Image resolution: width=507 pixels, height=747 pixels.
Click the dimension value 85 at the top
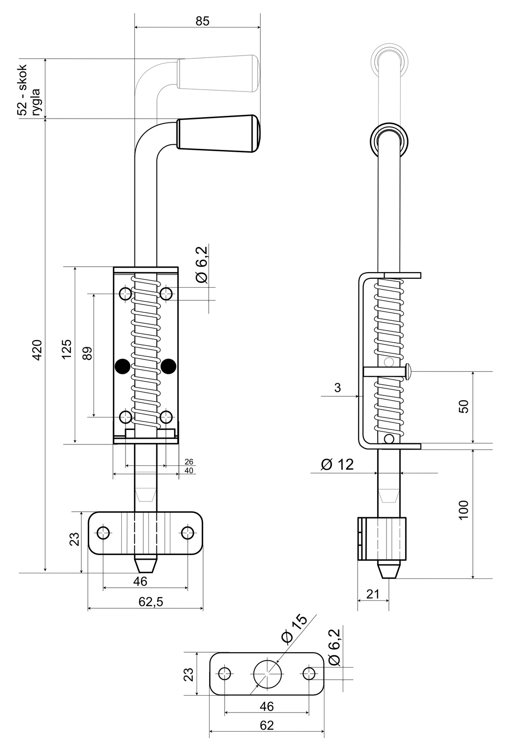203,21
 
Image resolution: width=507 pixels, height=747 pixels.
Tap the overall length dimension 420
37,350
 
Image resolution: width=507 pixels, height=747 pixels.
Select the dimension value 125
67,349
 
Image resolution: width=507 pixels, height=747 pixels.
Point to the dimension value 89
87,353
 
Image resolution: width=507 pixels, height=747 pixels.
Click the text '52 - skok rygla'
28,90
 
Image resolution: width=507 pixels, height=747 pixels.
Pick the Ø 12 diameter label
337,465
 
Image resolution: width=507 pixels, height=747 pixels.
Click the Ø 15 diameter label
294,628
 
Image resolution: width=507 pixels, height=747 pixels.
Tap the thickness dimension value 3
338,388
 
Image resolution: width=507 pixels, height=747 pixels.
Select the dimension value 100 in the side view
463,509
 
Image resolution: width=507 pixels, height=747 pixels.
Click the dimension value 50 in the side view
463,406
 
